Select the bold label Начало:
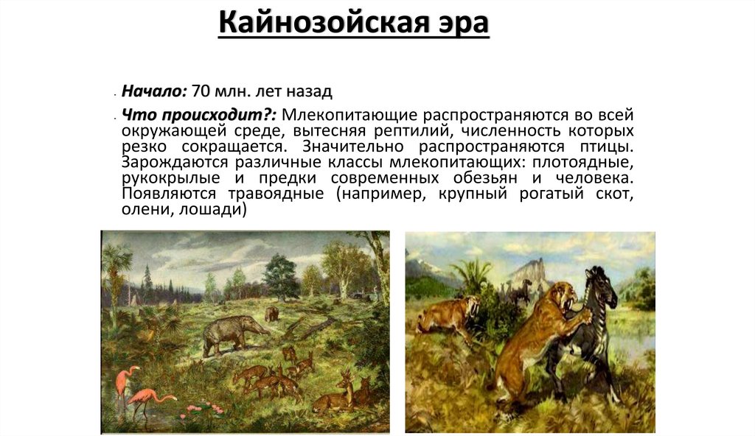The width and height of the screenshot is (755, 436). coord(155,92)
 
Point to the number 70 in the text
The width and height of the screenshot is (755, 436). coord(201,92)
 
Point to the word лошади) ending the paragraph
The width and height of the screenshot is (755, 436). coord(219,210)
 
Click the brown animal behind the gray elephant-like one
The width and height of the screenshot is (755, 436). coord(272,314)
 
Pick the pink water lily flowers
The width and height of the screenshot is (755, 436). coord(203,407)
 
